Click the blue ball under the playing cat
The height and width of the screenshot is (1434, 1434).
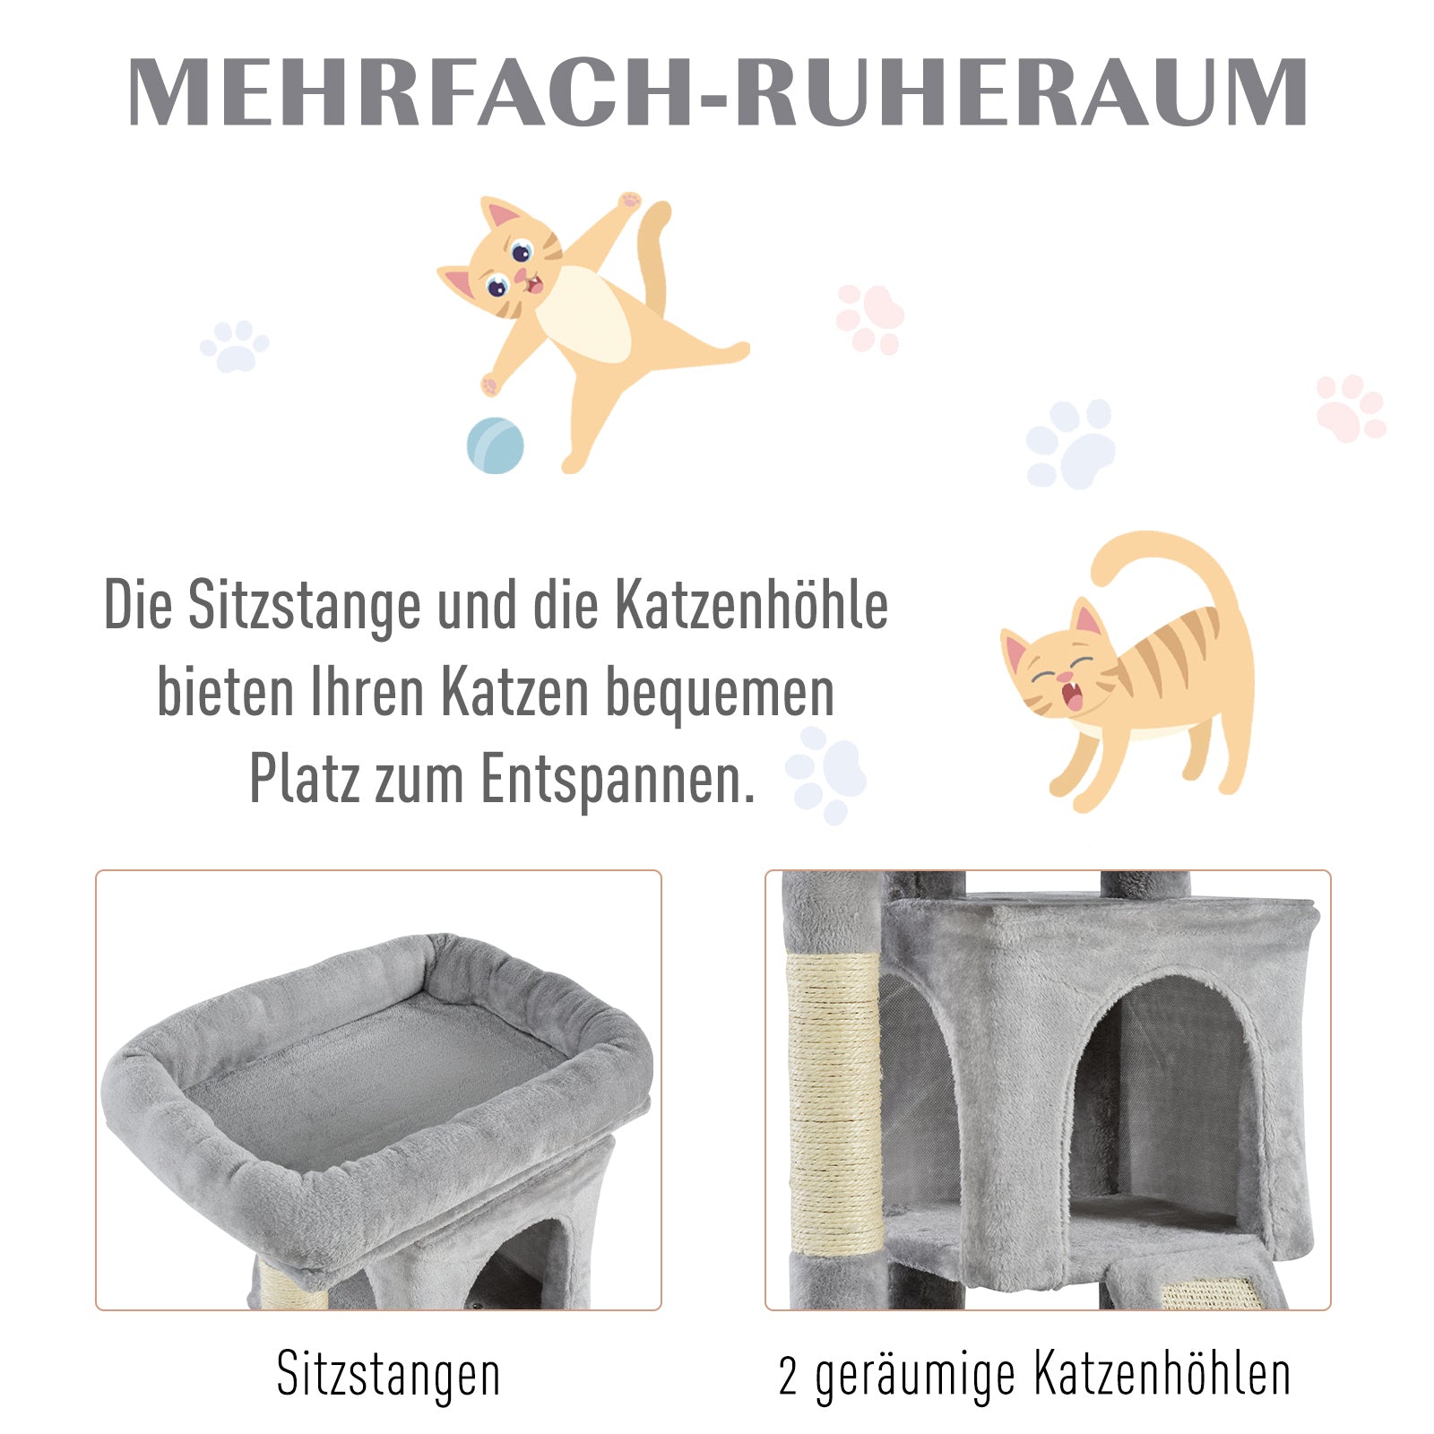(495, 445)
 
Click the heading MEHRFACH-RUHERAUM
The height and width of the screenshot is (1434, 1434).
(717, 92)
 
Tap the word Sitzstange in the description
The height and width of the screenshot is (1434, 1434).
(304, 606)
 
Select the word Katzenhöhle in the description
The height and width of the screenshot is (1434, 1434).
(751, 606)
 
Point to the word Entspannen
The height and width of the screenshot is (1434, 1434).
(618, 779)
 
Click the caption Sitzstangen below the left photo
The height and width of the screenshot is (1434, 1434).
(388, 1374)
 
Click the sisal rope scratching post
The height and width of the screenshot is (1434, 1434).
(833, 1102)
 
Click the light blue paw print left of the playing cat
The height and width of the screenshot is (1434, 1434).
(235, 346)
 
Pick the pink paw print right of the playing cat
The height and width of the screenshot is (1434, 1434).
(869, 318)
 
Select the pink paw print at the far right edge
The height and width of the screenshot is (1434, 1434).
(1350, 408)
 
